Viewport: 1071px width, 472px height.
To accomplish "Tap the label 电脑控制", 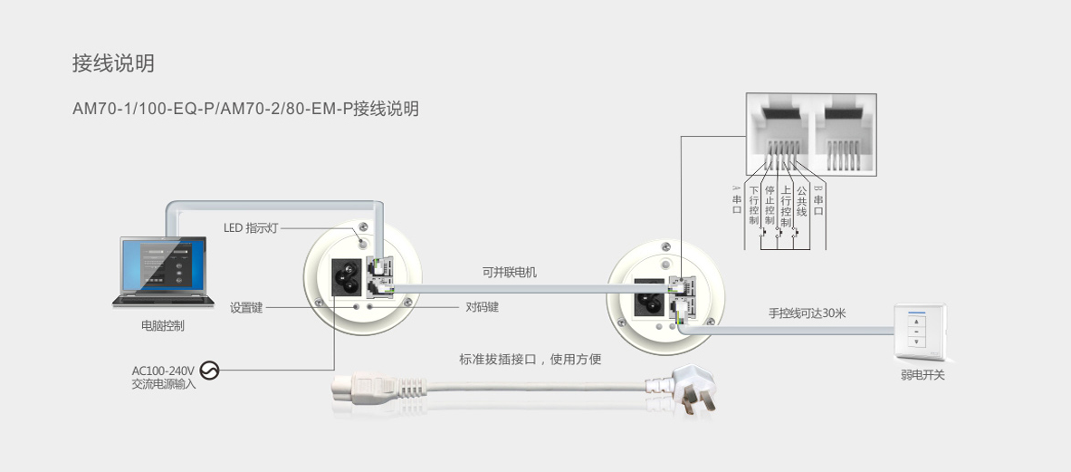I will click(x=163, y=326).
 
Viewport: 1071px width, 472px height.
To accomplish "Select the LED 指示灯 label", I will click(x=251, y=228).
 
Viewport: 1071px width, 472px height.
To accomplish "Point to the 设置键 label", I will click(x=246, y=307).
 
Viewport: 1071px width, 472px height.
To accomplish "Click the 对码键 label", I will click(x=482, y=307).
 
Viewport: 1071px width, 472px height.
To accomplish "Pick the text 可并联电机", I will click(x=509, y=272).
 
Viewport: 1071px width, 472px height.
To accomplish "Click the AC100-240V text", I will click(x=163, y=371).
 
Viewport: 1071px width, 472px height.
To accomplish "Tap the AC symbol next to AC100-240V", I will click(x=209, y=371).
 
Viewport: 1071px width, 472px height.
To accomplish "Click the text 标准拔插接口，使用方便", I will click(x=530, y=360).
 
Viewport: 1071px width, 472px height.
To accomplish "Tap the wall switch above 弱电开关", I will click(x=921, y=332).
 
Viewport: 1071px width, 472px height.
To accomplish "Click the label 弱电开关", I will click(x=923, y=375).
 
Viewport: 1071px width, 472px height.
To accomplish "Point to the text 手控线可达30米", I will click(x=807, y=313).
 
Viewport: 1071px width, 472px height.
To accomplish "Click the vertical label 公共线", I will click(x=801, y=201).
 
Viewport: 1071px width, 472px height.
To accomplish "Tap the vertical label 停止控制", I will click(x=770, y=206).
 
